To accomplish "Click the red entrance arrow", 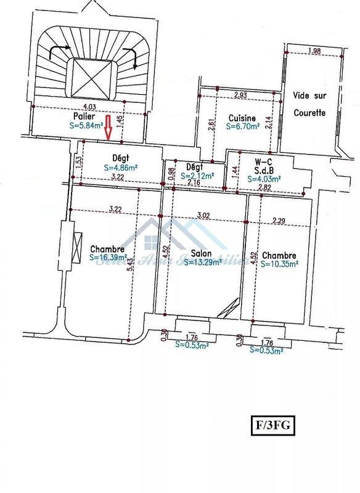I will pyautogui.click(x=108, y=128).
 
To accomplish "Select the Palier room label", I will pyautogui.click(x=83, y=116).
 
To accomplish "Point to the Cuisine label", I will pyautogui.click(x=242, y=118).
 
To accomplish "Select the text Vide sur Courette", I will pyautogui.click(x=309, y=105).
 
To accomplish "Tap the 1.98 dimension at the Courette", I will pyautogui.click(x=314, y=51).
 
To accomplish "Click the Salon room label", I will pyautogui.click(x=201, y=253).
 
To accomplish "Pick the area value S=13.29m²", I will pyautogui.click(x=202, y=262).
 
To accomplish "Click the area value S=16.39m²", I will pyautogui.click(x=108, y=258).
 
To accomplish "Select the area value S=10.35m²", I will pyautogui.click(x=279, y=263).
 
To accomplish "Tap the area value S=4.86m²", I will pyautogui.click(x=121, y=167).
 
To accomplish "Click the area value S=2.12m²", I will pyautogui.click(x=198, y=176).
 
